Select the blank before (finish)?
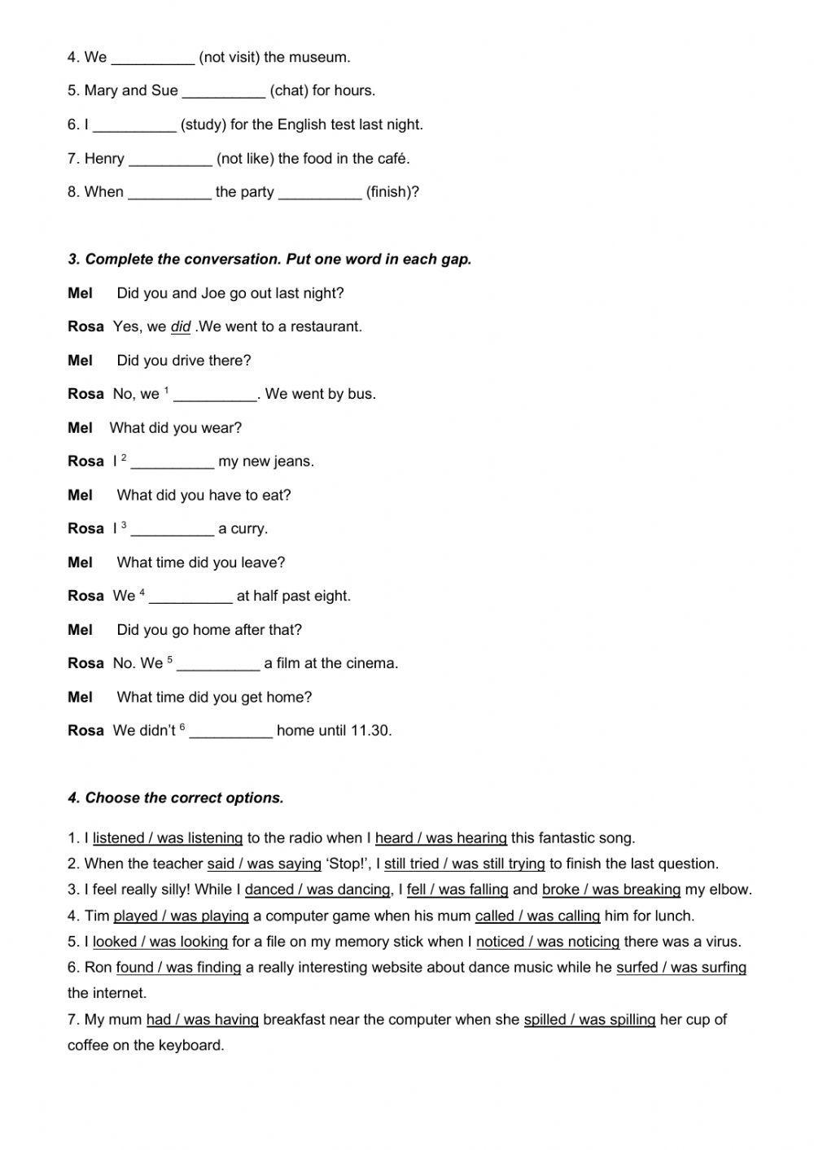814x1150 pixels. point(320,193)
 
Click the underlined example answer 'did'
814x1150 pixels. point(181,327)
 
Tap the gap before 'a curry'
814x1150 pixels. point(173,530)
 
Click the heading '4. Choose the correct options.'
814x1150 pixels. point(176,798)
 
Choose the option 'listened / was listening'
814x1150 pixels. point(168,838)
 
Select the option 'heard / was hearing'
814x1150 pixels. point(441,838)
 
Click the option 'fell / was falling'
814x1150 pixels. point(457,890)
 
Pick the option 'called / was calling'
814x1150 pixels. point(538,916)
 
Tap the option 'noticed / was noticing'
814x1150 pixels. point(548,942)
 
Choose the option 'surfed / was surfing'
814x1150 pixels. point(681,968)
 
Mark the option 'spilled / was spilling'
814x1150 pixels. point(590,1020)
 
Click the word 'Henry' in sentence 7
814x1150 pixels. point(104,159)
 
